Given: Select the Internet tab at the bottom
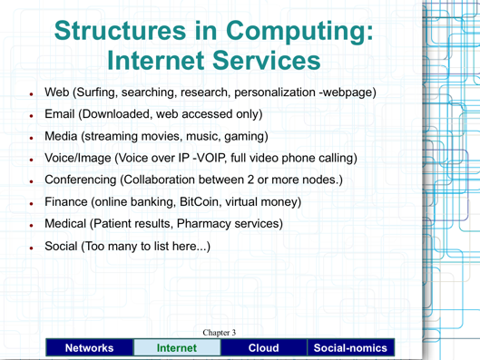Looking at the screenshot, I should point(175,347).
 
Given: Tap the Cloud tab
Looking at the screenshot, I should point(263,347).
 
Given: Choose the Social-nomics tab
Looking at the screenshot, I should point(351,347).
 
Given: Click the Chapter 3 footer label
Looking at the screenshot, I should point(220,333).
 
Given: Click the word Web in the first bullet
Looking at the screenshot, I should point(58,92).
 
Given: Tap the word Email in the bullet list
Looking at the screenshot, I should point(63,114).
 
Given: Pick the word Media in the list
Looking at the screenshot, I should point(64,137).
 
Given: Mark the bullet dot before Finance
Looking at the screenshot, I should point(31,204).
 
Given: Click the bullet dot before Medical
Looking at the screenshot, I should point(31,226).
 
